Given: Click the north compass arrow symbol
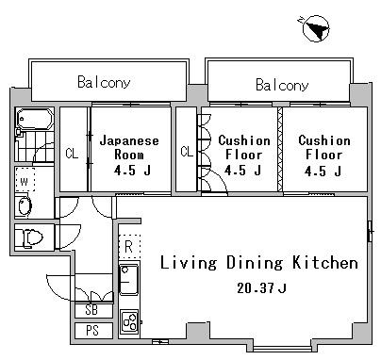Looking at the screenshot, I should pyautogui.click(x=317, y=30).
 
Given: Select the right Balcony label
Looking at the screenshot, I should pyautogui.click(x=281, y=85).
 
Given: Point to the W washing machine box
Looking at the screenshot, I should pyautogui.click(x=25, y=181).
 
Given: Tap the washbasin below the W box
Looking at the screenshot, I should pyautogui.click(x=25, y=207).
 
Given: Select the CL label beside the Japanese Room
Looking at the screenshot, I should pyautogui.click(x=72, y=153).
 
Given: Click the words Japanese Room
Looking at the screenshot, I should pyautogui.click(x=129, y=147).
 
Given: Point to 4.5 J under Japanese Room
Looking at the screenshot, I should pyautogui.click(x=129, y=171).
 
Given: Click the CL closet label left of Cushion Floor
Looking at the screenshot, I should pyautogui.click(x=186, y=152).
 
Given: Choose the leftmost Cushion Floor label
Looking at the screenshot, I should pyautogui.click(x=244, y=147).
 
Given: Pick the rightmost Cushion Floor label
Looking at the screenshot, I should pyautogui.click(x=323, y=147).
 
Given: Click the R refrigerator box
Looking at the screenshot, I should pyautogui.click(x=129, y=247).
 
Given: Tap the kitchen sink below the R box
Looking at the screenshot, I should pyautogui.click(x=129, y=279).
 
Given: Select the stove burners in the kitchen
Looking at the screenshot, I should pyautogui.click(x=129, y=318).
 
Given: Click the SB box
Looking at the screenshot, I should pyautogui.click(x=91, y=310).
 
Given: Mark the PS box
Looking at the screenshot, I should pyautogui.click(x=91, y=331).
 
